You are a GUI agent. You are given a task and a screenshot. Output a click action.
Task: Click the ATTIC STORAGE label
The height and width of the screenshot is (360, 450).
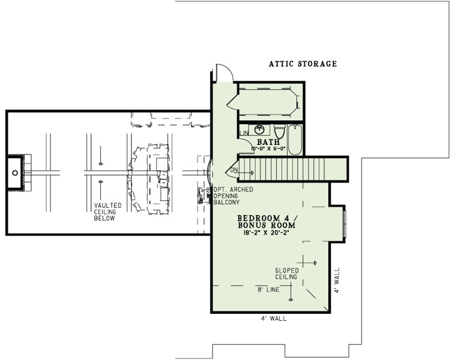pyautogui.click(x=303, y=64)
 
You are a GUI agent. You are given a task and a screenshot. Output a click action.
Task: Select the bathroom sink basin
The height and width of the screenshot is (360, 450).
pyautogui.click(x=259, y=128)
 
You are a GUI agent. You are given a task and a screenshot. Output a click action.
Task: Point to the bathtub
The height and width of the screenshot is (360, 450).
pyautogui.click(x=295, y=140)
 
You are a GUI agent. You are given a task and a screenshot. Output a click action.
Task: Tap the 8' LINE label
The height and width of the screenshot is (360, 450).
pyautogui.click(x=269, y=290)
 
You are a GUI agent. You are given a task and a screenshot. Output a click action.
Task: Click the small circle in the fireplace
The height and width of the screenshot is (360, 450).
pyautogui.click(x=14, y=172)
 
